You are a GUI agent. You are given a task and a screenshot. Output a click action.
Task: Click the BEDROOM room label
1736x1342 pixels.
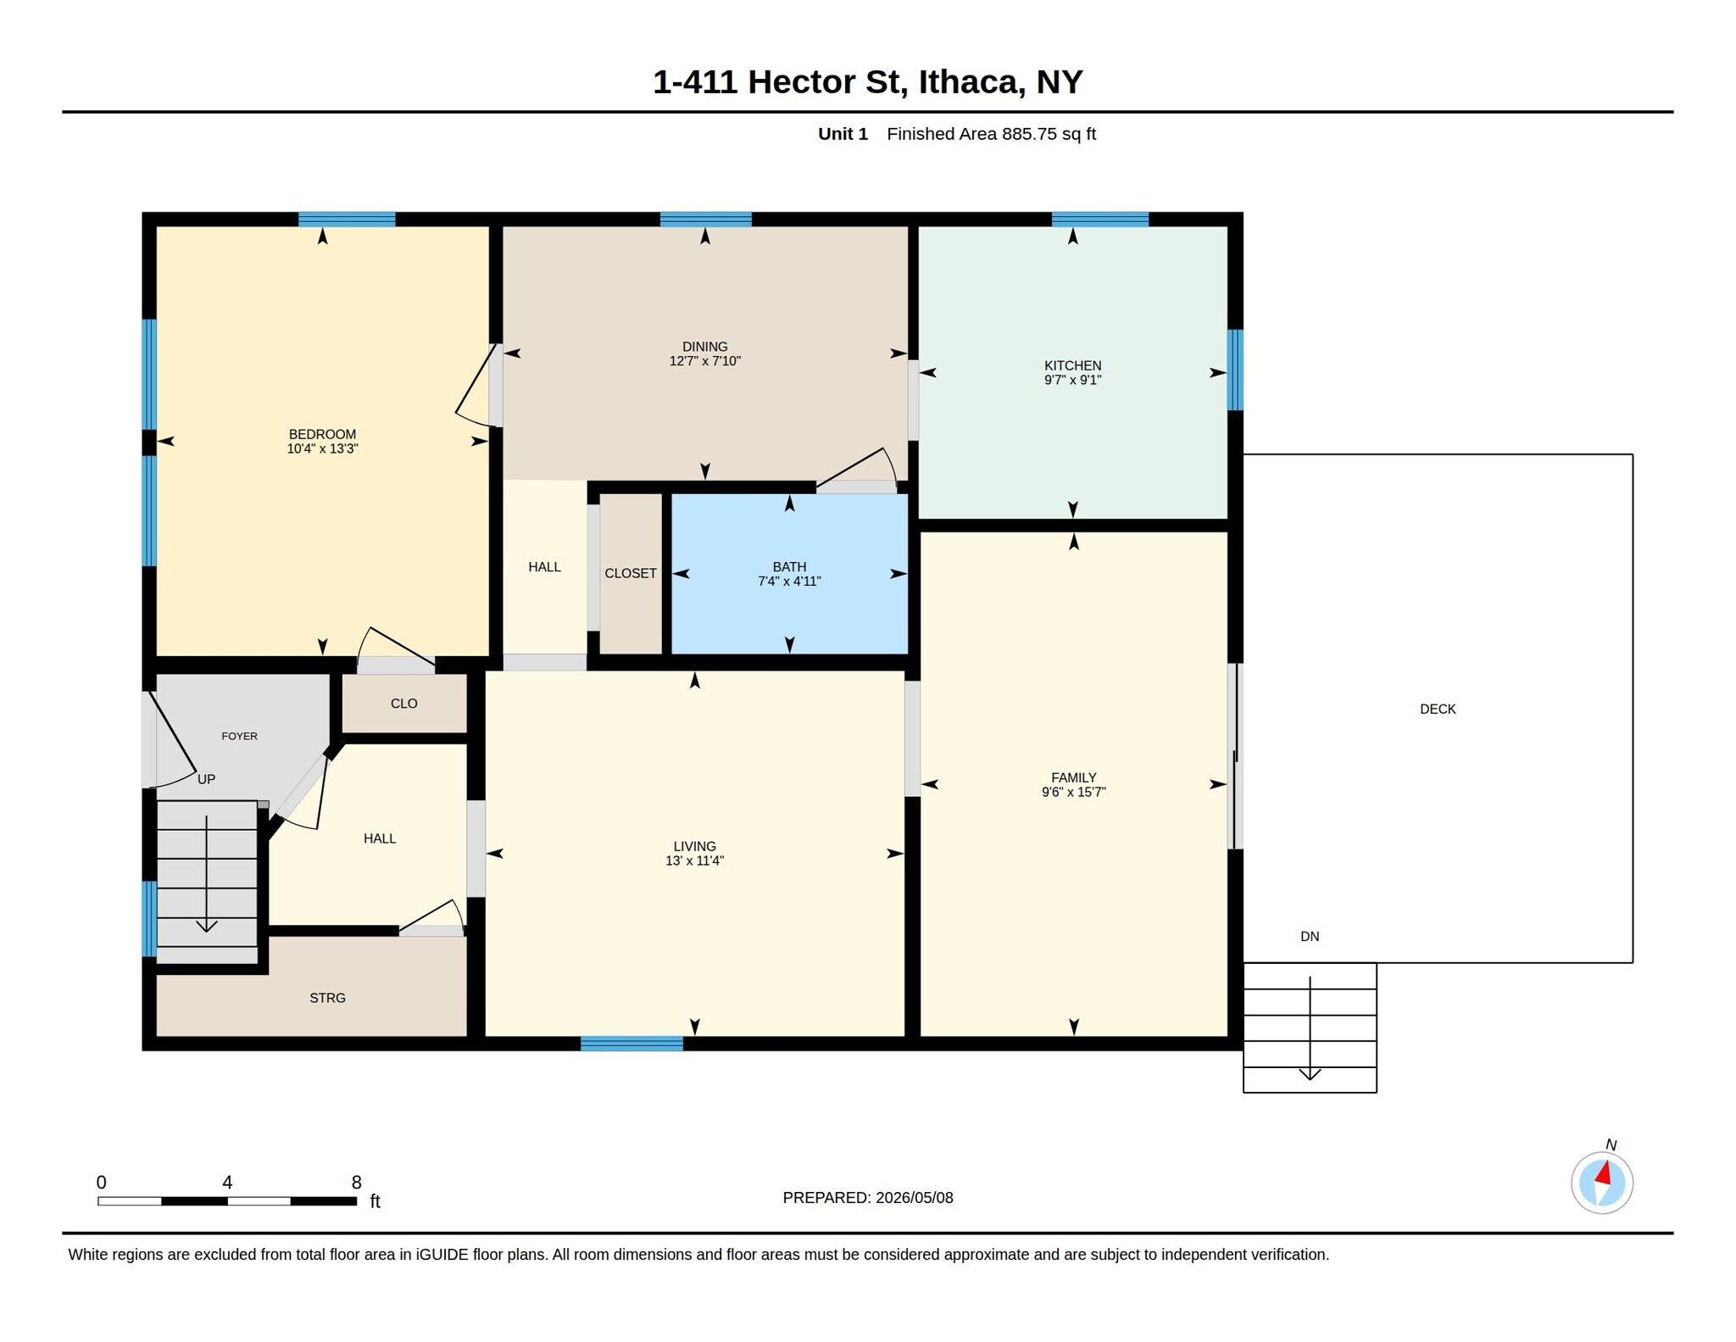click(x=322, y=434)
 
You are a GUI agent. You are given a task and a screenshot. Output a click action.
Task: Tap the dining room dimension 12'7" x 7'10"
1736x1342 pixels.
click(x=705, y=361)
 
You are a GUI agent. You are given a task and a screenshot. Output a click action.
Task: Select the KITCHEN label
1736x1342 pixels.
click(x=1072, y=365)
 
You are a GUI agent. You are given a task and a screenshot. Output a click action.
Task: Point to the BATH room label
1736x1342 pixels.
click(x=789, y=566)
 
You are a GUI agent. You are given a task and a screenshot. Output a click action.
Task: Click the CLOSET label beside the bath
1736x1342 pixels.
click(x=631, y=573)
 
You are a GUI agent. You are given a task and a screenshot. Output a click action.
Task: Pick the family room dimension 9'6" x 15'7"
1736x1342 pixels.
click(x=1074, y=792)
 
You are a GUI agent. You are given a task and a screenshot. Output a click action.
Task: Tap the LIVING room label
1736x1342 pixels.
click(x=694, y=846)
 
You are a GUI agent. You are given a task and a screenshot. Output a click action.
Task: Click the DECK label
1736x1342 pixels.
click(x=1438, y=709)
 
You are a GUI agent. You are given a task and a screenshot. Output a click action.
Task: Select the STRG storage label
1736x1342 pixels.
click(x=327, y=998)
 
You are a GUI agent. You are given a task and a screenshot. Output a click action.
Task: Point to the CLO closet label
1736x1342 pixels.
click(x=404, y=704)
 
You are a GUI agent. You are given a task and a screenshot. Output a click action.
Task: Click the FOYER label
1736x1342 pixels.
click(x=240, y=736)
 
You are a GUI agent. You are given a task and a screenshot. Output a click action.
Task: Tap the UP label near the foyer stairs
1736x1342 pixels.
click(x=206, y=779)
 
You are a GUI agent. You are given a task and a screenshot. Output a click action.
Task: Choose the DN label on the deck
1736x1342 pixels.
click(x=1310, y=936)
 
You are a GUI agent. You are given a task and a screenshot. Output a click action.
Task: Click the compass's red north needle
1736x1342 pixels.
click(x=1603, y=1173)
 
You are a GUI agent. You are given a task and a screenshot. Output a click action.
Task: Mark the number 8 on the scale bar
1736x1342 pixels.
click(x=356, y=1182)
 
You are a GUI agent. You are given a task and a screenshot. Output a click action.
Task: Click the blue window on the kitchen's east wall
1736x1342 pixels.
click(x=1236, y=370)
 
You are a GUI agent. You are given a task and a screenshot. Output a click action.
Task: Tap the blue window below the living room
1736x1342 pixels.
click(x=632, y=1044)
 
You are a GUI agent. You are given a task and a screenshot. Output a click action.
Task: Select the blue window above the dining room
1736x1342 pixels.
click(x=706, y=220)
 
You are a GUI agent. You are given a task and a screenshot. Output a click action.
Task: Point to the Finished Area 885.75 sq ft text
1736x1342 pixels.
click(x=991, y=134)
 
